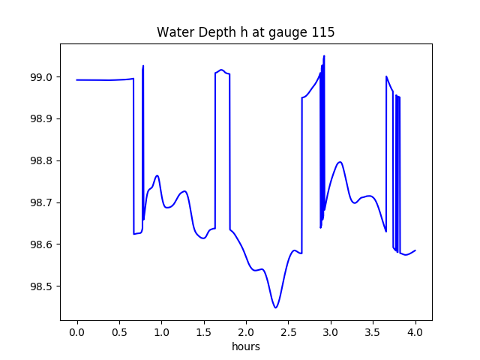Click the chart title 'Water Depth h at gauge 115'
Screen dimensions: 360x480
pos(245,32)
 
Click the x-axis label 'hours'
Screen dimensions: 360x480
pos(246,346)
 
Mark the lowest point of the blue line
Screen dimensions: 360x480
pos(276,307)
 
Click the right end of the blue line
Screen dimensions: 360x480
pos(415,250)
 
